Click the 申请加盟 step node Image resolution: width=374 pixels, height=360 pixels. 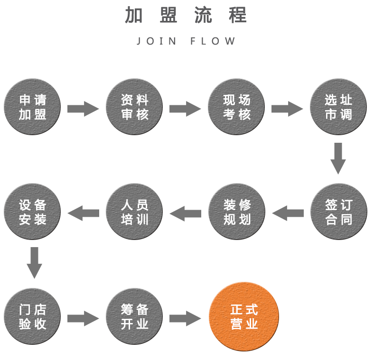pyautogui.click(x=33, y=107)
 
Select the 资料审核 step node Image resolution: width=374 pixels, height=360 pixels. pyautogui.click(x=135, y=107)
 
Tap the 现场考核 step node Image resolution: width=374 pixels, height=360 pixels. pyautogui.click(x=237, y=107)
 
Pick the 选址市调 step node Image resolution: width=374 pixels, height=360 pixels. pyautogui.click(x=338, y=107)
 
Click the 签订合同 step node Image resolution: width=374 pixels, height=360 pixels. pyautogui.click(x=338, y=212)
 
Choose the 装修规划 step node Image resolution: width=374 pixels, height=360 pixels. pyautogui.click(x=237, y=212)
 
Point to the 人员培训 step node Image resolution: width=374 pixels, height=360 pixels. pyautogui.click(x=135, y=212)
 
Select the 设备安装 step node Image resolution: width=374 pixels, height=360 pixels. pyautogui.click(x=33, y=212)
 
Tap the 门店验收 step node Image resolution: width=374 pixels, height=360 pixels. pyautogui.click(x=33, y=316)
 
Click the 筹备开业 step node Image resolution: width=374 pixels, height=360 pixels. pyautogui.click(x=135, y=316)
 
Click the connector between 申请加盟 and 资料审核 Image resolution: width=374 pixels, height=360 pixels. pyautogui.click(x=83, y=109)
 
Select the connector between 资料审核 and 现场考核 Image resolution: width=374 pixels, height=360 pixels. pyautogui.click(x=185, y=109)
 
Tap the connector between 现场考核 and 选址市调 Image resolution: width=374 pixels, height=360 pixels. pyautogui.click(x=288, y=109)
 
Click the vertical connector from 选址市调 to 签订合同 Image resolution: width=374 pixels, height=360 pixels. pyautogui.click(x=338, y=159)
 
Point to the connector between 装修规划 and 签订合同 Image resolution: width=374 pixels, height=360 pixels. pyautogui.click(x=288, y=213)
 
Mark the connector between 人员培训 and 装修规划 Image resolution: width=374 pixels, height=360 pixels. pyautogui.click(x=185, y=213)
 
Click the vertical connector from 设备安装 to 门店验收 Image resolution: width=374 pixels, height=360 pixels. pyautogui.click(x=34, y=263)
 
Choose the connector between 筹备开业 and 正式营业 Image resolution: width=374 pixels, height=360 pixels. pyautogui.click(x=185, y=318)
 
